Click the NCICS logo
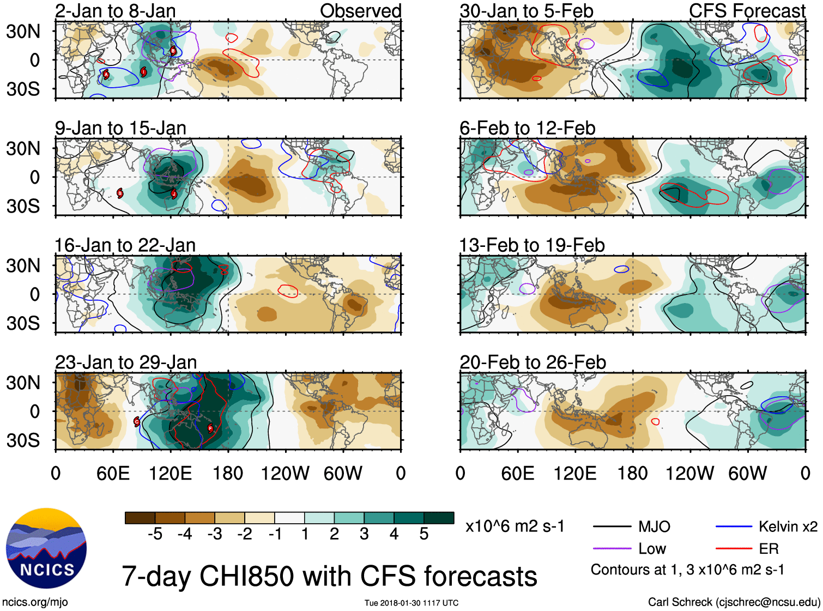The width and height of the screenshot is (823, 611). pos(46,548)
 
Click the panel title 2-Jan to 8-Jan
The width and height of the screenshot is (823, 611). pos(115,11)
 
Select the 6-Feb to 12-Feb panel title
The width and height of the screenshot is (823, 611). pos(527,128)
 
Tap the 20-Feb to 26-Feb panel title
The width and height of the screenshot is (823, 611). pos(532,362)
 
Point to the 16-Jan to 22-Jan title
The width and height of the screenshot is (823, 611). pos(125,245)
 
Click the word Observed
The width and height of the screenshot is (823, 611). pos(360,11)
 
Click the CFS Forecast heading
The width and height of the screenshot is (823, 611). pos(747,11)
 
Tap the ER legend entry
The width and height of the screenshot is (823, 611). pos(768,549)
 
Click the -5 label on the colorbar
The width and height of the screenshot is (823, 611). pos(155,534)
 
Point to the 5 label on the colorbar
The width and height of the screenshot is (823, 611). pos(424,534)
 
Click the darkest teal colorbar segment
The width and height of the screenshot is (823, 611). pos(439,518)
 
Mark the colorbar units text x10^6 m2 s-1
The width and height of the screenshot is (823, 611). pos(515,527)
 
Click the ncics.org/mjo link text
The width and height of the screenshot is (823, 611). pos(35,602)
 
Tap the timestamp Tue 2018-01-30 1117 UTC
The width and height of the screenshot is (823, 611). pos(411,603)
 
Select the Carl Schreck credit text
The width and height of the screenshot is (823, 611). pos(734,602)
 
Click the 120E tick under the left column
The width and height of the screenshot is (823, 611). pos(171,473)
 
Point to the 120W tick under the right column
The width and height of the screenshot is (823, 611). pos(689,473)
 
